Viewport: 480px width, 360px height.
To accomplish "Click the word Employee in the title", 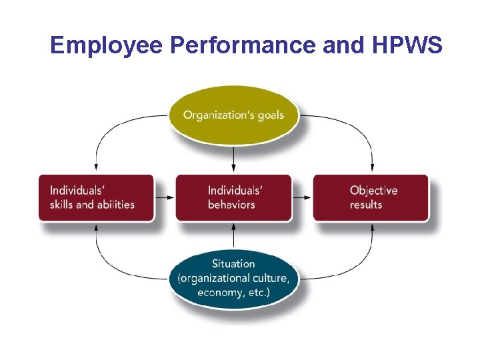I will (107, 45).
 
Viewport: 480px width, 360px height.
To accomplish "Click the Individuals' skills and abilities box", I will (96, 197).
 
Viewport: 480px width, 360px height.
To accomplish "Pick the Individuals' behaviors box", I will (233, 197).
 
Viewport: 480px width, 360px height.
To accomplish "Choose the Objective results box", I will (371, 197).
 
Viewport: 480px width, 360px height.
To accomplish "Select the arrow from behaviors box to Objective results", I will (302, 197).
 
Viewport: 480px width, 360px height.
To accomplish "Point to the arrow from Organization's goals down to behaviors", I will (233, 157).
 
